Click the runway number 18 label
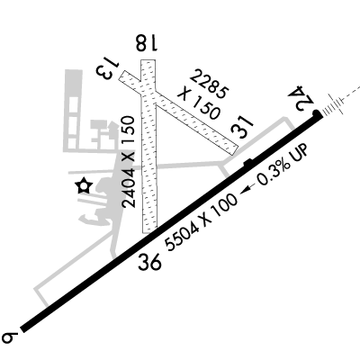146,42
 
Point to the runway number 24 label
301,98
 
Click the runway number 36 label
149,261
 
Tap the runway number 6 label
10,337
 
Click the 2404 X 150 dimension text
129,162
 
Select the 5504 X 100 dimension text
202,222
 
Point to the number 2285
209,84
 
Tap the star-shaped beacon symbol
84,186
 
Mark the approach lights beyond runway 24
334,107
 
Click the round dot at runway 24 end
316,113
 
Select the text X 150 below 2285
199,104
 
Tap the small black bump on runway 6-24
247,162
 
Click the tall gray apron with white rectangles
73,111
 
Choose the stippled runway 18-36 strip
148,147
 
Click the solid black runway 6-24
171,223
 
